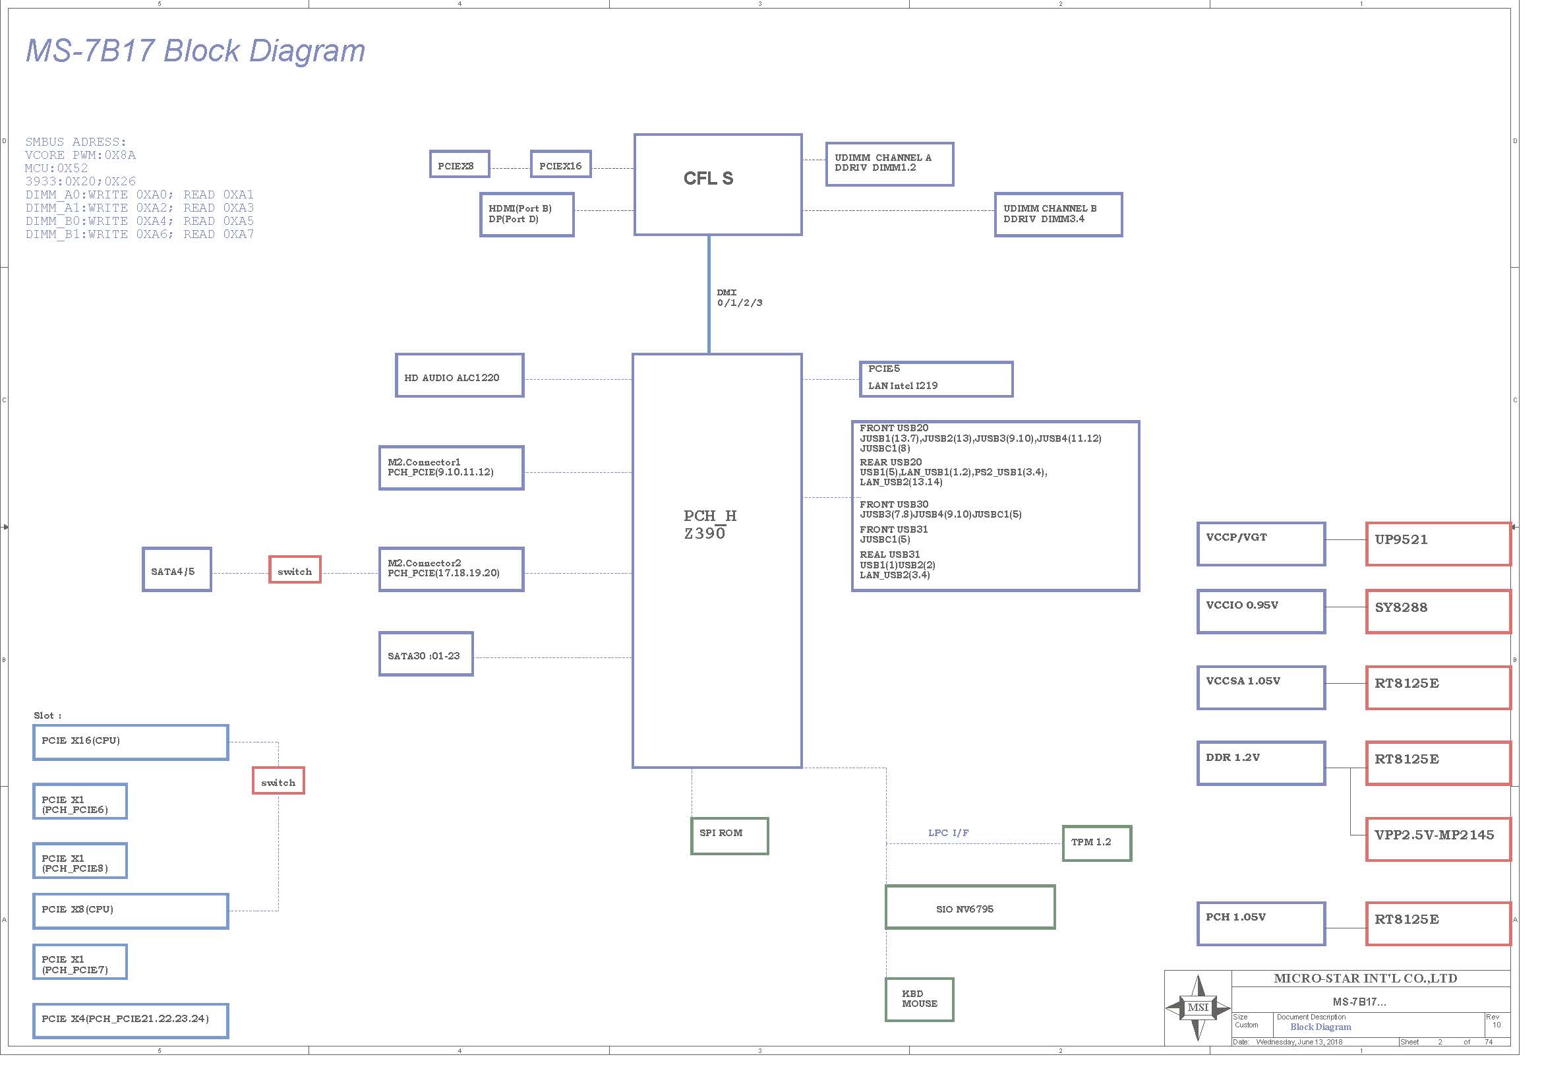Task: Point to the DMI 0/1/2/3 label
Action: [x=739, y=297]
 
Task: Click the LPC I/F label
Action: [x=948, y=833]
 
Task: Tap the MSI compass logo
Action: [x=1197, y=1008]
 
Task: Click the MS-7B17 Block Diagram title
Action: [x=195, y=50]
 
